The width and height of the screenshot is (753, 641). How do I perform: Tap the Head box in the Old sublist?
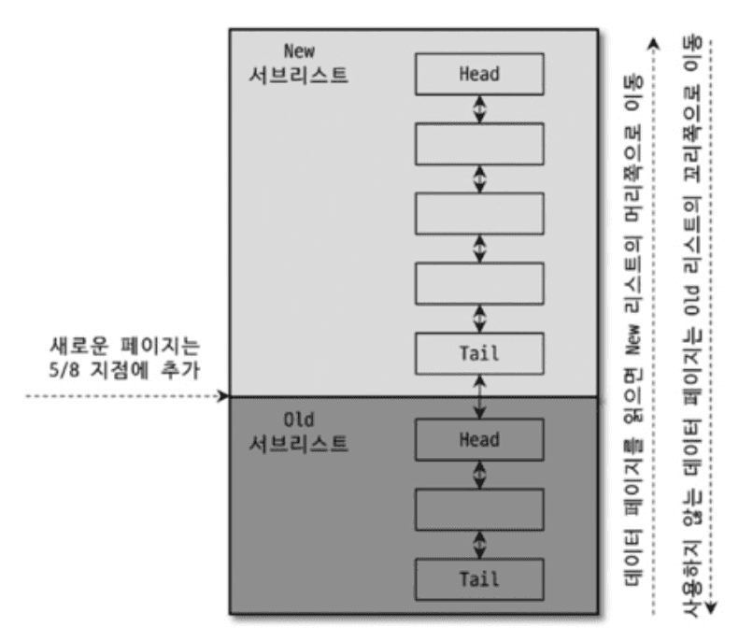[480, 439]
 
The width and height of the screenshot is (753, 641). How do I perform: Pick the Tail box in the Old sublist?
[480, 577]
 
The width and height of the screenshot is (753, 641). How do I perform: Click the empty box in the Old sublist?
[480, 508]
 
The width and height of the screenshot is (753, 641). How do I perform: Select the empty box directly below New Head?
[480, 142]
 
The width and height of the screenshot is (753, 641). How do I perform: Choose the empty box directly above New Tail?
[480, 283]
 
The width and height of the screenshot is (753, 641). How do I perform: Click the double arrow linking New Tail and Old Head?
[480, 396]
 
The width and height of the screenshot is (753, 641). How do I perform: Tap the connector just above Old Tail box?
[480, 543]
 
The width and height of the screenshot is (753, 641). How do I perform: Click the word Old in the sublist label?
[301, 416]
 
